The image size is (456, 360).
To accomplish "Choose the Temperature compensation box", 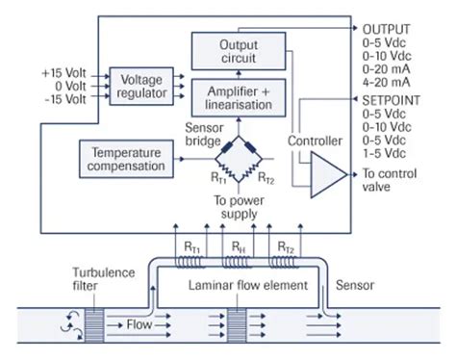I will pyautogui.click(x=127, y=159).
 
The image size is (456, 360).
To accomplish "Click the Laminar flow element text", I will pyautogui.click(x=250, y=285).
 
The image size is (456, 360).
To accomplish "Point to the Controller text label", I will pyautogui.click(x=315, y=141).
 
